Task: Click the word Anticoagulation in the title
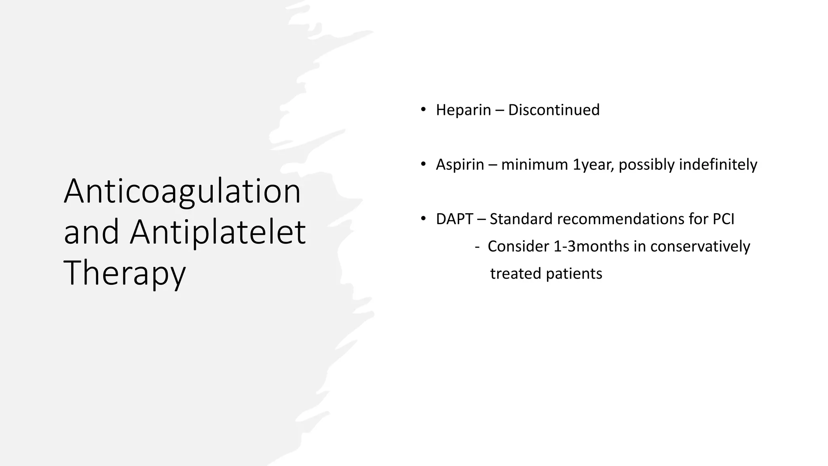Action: [x=182, y=192]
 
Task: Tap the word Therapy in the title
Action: [x=125, y=273]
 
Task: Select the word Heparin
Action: [x=463, y=110]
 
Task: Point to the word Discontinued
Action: [x=553, y=110]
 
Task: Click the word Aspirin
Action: [x=460, y=165]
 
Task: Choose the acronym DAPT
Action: [x=454, y=219]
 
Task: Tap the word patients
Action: [x=574, y=274]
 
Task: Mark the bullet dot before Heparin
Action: [x=423, y=110]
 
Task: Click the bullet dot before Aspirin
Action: [x=423, y=164]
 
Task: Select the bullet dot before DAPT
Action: [x=423, y=219]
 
